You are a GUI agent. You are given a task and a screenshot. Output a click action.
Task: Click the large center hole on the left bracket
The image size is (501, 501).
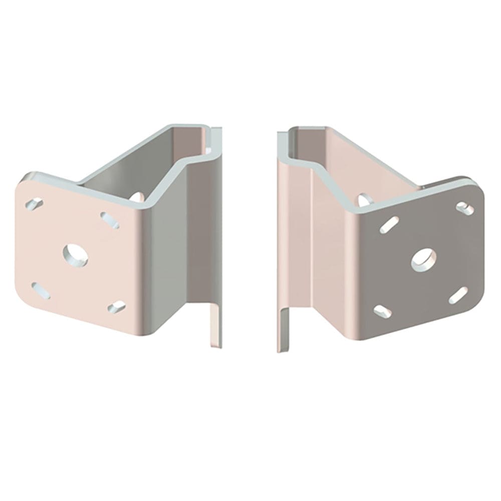(76, 255)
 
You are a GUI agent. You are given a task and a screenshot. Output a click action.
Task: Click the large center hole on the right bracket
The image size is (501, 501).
(424, 259)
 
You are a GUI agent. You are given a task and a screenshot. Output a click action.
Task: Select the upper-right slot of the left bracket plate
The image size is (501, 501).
(110, 218)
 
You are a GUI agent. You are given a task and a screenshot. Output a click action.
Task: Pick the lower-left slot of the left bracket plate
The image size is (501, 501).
(40, 290)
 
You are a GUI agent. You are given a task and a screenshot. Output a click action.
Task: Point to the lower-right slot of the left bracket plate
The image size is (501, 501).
(116, 306)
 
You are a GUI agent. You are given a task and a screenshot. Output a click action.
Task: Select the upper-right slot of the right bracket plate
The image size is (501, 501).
(464, 206)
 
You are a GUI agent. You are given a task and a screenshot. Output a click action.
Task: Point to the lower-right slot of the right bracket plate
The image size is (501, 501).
(458, 296)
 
